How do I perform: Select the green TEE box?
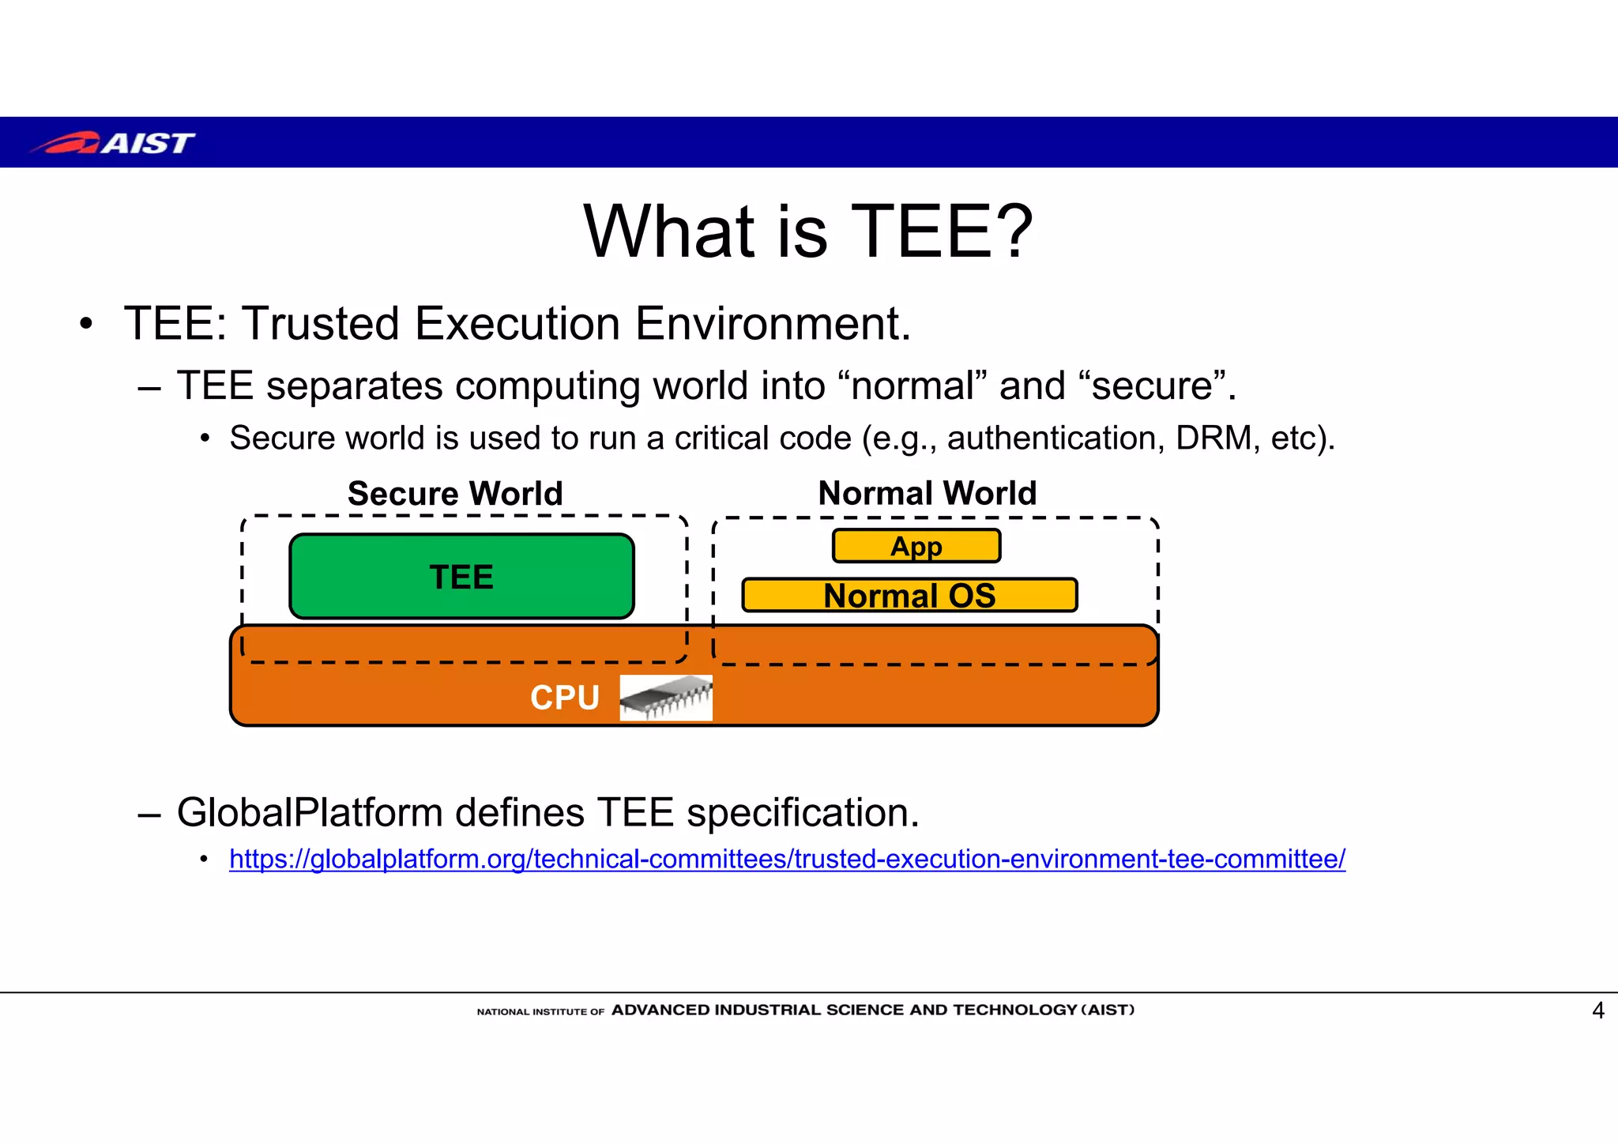click(461, 577)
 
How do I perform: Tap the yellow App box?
click(916, 546)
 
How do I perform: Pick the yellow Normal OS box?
click(909, 596)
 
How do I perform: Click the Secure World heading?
click(455, 494)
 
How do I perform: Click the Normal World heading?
click(927, 493)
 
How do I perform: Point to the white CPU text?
click(564, 698)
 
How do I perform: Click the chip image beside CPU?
click(666, 698)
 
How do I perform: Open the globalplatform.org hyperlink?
click(787, 859)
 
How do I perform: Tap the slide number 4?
click(1597, 1010)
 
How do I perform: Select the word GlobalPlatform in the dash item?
click(308, 812)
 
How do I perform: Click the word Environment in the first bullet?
click(772, 323)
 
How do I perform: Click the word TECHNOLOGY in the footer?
click(1015, 1010)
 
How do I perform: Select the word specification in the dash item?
click(803, 812)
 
